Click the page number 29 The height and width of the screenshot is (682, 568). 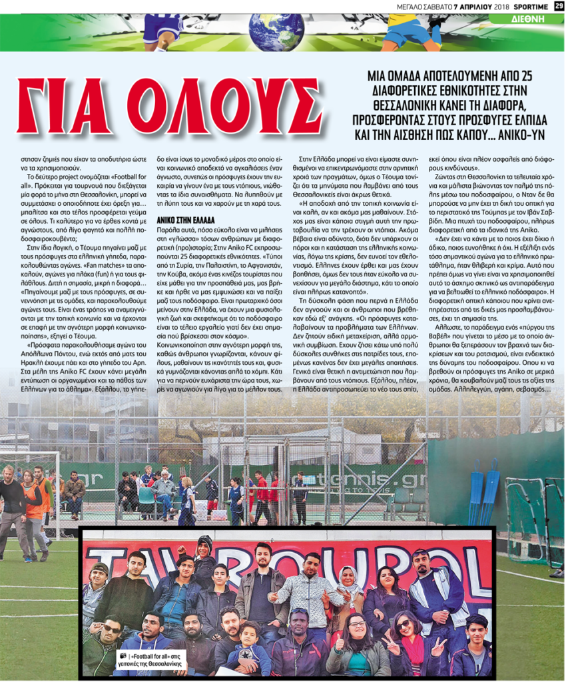(x=559, y=6)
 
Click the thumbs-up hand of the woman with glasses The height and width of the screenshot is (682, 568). (x=340, y=644)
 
